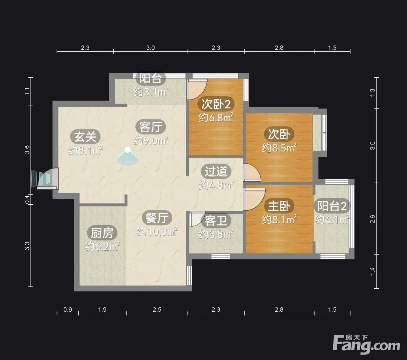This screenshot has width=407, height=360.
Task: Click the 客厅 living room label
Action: coord(150,127)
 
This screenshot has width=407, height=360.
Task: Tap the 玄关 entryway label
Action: coord(86,136)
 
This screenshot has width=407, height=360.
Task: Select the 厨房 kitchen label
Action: coord(102,233)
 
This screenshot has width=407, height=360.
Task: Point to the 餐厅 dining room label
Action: coord(157,218)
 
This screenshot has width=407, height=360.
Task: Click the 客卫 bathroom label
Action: coord(216,221)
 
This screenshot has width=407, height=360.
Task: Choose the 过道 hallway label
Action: coord(216,171)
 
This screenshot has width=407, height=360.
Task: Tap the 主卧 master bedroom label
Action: coord(279,206)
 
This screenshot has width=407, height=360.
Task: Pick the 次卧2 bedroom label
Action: coord(216,104)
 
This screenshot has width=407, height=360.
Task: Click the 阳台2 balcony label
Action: coord(332,206)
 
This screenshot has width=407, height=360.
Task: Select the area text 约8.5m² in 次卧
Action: coord(279,148)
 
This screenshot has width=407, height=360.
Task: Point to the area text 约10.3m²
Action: coord(157,231)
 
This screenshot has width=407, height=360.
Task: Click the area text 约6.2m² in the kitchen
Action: coord(102,246)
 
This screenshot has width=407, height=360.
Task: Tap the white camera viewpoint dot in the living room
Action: coord(127,150)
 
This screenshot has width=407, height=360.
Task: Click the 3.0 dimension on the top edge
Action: coord(150,48)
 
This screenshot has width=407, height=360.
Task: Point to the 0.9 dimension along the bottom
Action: coord(67,309)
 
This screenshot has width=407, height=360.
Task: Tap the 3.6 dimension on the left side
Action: coord(27,150)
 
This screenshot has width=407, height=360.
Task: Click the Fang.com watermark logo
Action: coord(366,344)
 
